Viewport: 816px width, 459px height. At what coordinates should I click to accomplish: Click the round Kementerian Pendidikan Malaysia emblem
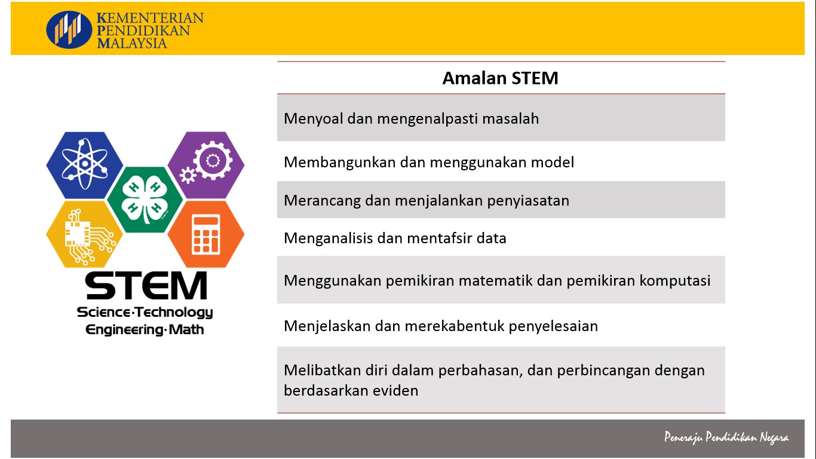pos(69,29)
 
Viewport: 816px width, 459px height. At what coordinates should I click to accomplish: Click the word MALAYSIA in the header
pos(132,44)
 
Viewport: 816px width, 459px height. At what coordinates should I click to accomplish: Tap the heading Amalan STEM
pos(500,78)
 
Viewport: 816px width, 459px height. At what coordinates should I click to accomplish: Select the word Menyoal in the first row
pos(313,119)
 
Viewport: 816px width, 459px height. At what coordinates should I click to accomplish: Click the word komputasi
pos(675,281)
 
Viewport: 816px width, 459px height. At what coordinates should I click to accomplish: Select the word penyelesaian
pos(553,326)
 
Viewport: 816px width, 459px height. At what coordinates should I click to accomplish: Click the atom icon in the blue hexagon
pos(84,164)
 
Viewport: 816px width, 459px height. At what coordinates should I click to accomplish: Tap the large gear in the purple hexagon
pos(213,160)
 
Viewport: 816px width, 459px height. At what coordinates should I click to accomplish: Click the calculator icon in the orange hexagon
pos(205,234)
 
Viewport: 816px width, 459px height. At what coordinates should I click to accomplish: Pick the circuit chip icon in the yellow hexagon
pos(88,237)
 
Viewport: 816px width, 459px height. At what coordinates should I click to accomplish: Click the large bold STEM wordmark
pos(146,286)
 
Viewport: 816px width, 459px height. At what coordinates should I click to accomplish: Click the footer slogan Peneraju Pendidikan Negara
pos(726,437)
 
